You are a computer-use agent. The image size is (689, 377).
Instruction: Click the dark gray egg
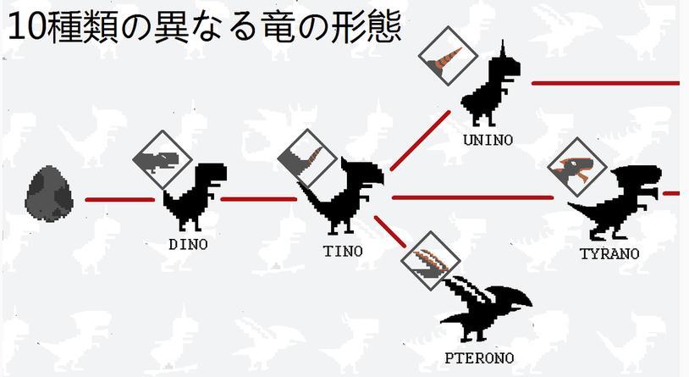(49, 193)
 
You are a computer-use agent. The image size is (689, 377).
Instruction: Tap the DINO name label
(188, 245)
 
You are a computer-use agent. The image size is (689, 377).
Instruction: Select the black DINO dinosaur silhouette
(195, 197)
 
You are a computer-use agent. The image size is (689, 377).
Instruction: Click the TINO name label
(343, 251)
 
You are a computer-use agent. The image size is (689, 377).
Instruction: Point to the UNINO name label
(488, 141)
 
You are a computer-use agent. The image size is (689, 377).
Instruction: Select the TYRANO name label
(609, 254)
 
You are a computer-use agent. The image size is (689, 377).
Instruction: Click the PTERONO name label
(479, 358)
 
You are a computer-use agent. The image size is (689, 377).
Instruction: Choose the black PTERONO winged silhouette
(486, 308)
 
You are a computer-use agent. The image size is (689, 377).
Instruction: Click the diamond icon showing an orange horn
(448, 56)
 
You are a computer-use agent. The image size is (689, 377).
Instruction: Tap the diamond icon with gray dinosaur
(163, 160)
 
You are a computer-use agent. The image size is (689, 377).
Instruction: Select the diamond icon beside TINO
(307, 158)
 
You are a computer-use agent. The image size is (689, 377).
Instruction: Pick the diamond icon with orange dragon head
(577, 167)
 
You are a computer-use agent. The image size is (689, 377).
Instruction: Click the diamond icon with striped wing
(431, 260)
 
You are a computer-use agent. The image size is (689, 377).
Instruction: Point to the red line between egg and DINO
(120, 200)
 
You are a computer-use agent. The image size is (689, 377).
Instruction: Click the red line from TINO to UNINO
(421, 141)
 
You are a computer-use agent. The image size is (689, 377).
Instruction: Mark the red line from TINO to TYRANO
(472, 198)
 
